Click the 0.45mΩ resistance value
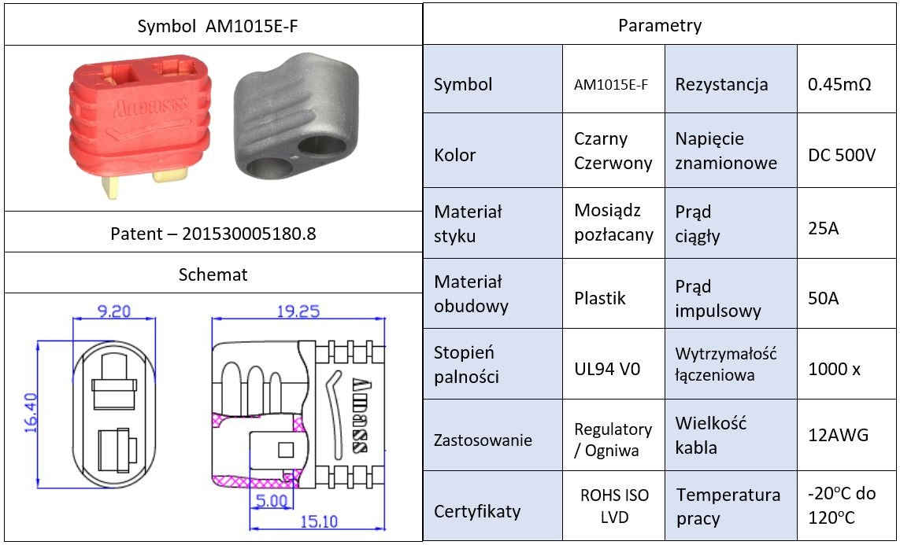(839, 84)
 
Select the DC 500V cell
(842, 155)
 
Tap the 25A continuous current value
(824, 228)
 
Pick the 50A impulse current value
(824, 298)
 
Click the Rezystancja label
(721, 84)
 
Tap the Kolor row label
(455, 155)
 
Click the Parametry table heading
(660, 25)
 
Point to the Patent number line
(213, 234)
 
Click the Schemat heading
(213, 274)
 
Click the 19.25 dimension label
(298, 311)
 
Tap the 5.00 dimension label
(271, 499)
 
